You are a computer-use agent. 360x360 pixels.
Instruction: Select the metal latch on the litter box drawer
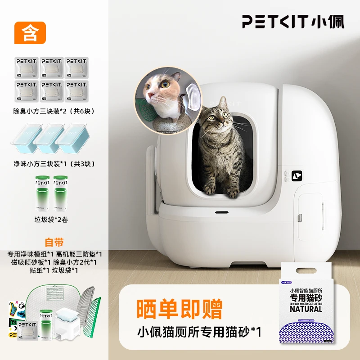point(297,218)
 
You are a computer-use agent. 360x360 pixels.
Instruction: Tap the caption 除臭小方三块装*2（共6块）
point(54,111)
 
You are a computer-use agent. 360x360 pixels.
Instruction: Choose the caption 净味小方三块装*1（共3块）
point(54,164)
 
